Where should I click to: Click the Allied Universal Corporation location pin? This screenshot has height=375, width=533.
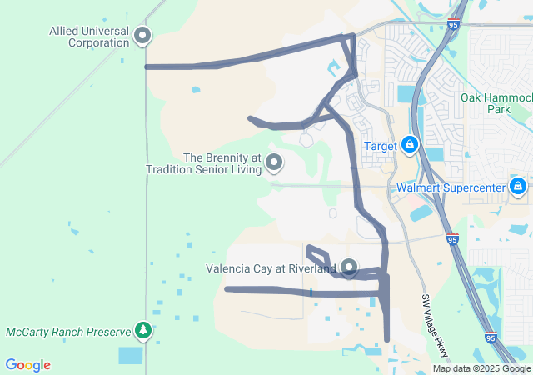coord(142,35)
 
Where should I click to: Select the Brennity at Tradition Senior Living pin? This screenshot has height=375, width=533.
coord(273,162)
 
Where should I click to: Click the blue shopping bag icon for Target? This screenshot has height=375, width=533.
coord(409,146)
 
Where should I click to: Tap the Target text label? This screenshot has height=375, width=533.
coord(381,147)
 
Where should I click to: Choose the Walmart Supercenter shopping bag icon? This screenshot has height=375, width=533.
coord(517,186)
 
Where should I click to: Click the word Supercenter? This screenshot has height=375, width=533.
coord(472,187)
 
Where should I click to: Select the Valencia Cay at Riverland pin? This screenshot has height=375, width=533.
coord(349,267)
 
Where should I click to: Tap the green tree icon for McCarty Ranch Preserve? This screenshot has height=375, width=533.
coord(143,331)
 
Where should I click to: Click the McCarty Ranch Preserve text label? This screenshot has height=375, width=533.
coord(68,332)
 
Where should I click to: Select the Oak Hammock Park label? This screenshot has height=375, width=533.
coord(496,103)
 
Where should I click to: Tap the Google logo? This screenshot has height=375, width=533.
coord(27,365)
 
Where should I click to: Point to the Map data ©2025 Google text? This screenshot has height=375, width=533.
coord(481,368)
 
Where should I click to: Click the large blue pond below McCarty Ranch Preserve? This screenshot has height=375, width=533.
coord(131,355)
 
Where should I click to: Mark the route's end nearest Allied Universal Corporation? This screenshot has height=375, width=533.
coord(147,67)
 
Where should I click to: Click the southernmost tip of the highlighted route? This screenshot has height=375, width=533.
coord(386,338)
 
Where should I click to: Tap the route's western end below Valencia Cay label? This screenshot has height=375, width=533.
coord(227,289)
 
